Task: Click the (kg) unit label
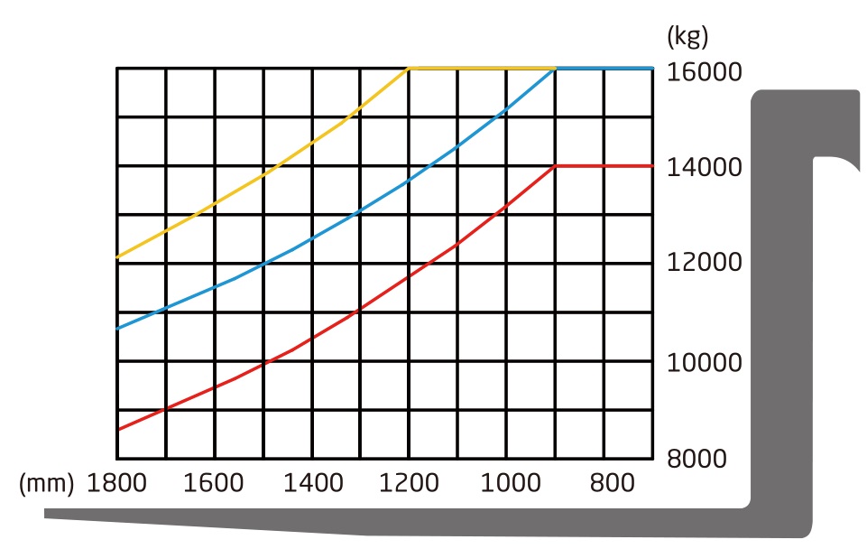[x=687, y=37]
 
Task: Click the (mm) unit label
[x=46, y=483]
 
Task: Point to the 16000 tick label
[x=704, y=71]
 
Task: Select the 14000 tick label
[x=704, y=167]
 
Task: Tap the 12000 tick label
[x=704, y=264]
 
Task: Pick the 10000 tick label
[x=704, y=362]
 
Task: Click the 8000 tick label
[x=696, y=459]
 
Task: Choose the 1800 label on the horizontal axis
[x=116, y=483]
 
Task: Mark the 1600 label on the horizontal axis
[x=214, y=483]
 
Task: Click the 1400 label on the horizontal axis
[x=312, y=483]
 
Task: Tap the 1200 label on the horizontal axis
[x=410, y=483]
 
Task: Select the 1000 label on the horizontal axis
[x=507, y=483]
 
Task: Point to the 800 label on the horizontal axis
[x=612, y=483]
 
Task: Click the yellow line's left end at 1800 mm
[x=118, y=258]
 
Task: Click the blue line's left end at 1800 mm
[x=118, y=329]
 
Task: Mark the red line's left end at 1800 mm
[x=118, y=430]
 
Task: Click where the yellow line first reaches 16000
[x=410, y=68]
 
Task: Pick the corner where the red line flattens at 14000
[x=556, y=166]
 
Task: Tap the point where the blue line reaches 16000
[x=555, y=68]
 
